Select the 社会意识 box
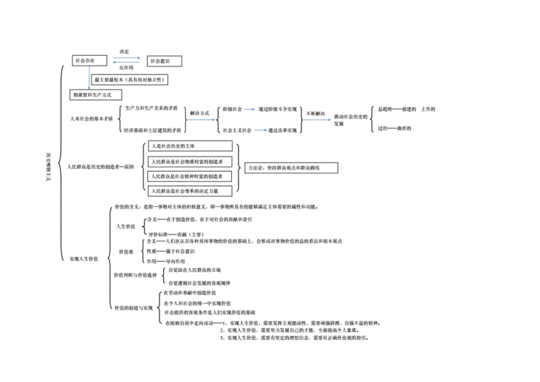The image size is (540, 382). point(163,60)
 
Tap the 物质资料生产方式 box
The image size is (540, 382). point(97,95)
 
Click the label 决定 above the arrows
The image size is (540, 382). point(124,51)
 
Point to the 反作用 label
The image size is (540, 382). point(127,68)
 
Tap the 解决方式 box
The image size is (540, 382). point(200,112)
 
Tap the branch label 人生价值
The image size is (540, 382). point(126,226)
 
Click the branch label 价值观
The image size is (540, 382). point(127,251)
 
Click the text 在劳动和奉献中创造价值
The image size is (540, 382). point(189,293)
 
